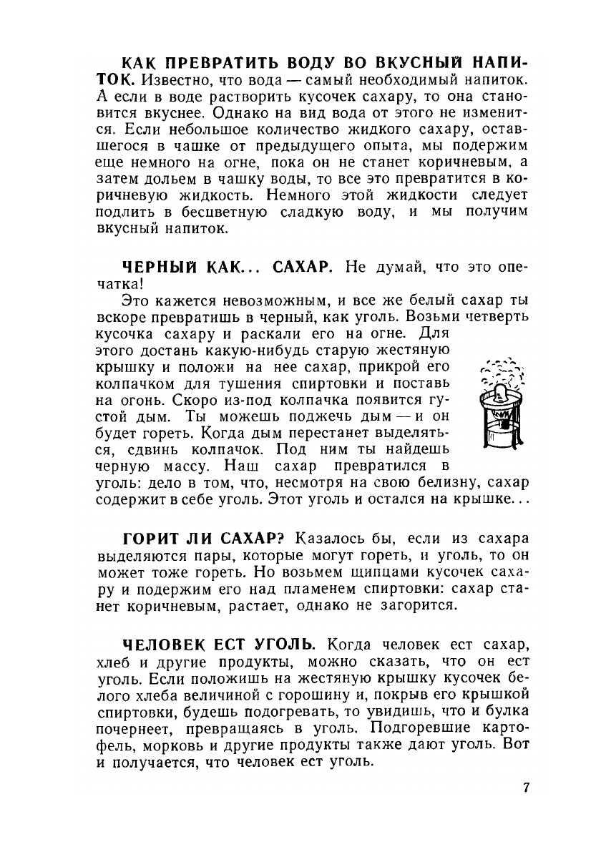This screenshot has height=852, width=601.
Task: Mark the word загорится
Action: (x=415, y=604)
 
